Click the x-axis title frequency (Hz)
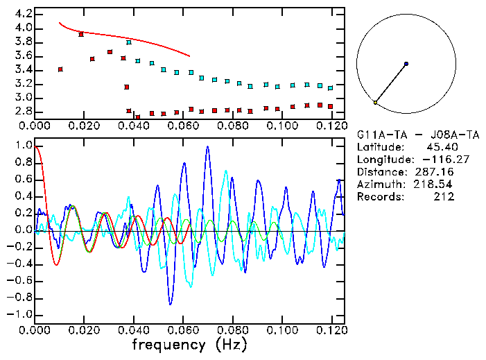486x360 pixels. pos(189,344)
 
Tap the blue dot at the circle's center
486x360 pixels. pos(406,64)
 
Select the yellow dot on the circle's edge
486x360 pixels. pos(375,103)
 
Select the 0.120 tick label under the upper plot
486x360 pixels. pos(331,126)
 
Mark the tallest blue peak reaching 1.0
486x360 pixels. pos(207,146)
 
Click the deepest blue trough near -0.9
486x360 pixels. pos(171,304)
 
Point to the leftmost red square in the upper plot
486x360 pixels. pos(60,69)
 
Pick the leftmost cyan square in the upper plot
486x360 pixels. pos(129,42)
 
